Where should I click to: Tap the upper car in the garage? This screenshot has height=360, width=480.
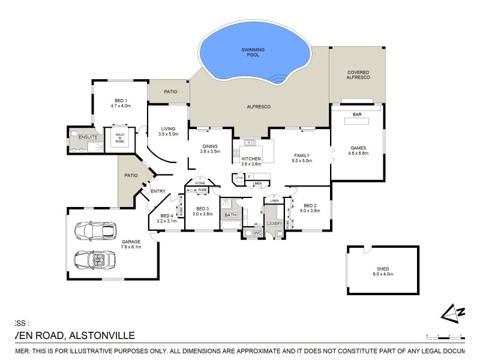(94, 230)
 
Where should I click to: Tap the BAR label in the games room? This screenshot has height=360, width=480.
(356, 114)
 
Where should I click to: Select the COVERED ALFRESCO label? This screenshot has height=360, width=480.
(358, 75)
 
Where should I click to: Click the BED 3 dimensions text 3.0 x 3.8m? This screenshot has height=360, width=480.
(203, 214)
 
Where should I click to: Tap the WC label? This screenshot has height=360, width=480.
(256, 232)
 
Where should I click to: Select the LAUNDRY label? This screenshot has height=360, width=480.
(275, 223)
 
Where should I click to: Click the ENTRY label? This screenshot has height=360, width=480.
(158, 191)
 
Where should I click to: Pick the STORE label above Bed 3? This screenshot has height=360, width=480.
(200, 183)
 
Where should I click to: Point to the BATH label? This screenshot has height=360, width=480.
(229, 215)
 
